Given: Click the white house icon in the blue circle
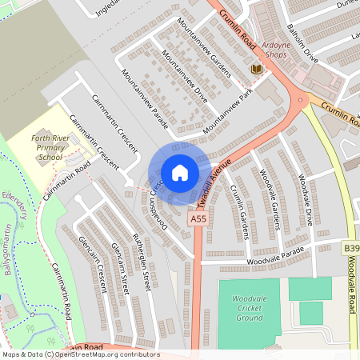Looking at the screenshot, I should point(179,172).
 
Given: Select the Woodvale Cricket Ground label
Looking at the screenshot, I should point(249,307).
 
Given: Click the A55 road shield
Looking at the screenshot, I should point(198,218).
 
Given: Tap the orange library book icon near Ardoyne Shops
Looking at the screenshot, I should point(256,70).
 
